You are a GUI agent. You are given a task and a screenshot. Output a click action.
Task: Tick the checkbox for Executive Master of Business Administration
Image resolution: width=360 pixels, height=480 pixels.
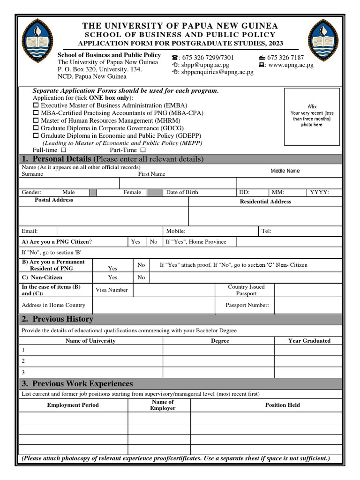click(x=36, y=106)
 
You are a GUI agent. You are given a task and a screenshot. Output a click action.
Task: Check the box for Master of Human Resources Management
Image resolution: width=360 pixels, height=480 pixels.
click(x=36, y=120)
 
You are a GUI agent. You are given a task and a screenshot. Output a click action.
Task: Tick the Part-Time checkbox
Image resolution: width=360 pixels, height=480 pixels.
click(x=143, y=150)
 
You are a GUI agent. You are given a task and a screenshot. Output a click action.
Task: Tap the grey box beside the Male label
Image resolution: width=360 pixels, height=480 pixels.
click(x=93, y=192)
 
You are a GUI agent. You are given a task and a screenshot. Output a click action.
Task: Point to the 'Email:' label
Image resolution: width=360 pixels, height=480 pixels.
click(x=30, y=231)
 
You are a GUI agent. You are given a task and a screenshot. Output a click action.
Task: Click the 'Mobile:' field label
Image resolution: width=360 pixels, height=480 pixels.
click(x=176, y=231)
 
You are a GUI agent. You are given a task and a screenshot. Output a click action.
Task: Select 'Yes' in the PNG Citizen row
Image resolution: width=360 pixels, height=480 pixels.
click(x=136, y=242)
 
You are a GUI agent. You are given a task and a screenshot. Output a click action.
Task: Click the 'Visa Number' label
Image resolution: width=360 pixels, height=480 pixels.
click(x=112, y=290)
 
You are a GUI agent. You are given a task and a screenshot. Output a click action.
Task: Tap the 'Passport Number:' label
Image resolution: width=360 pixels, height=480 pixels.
click(x=247, y=305)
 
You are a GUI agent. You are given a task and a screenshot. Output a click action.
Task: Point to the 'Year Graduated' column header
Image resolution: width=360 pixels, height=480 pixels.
click(x=309, y=341)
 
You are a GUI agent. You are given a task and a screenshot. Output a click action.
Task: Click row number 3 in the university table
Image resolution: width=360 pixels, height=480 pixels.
click(x=23, y=372)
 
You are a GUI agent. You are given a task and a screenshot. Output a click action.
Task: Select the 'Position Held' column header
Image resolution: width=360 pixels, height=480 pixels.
click(x=282, y=405)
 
